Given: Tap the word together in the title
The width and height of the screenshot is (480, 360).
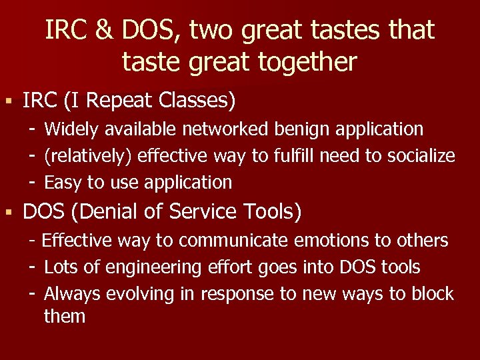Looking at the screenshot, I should point(305,62).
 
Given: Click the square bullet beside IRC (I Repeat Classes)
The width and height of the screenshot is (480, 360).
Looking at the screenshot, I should point(8,102).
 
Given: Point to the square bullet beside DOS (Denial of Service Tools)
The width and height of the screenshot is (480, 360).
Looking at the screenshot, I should point(8,213).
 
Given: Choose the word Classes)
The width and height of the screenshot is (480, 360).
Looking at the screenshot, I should point(198,101).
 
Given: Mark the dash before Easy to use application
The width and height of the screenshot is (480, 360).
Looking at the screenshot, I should point(31,182).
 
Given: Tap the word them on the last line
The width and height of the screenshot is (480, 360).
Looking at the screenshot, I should point(65,316).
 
